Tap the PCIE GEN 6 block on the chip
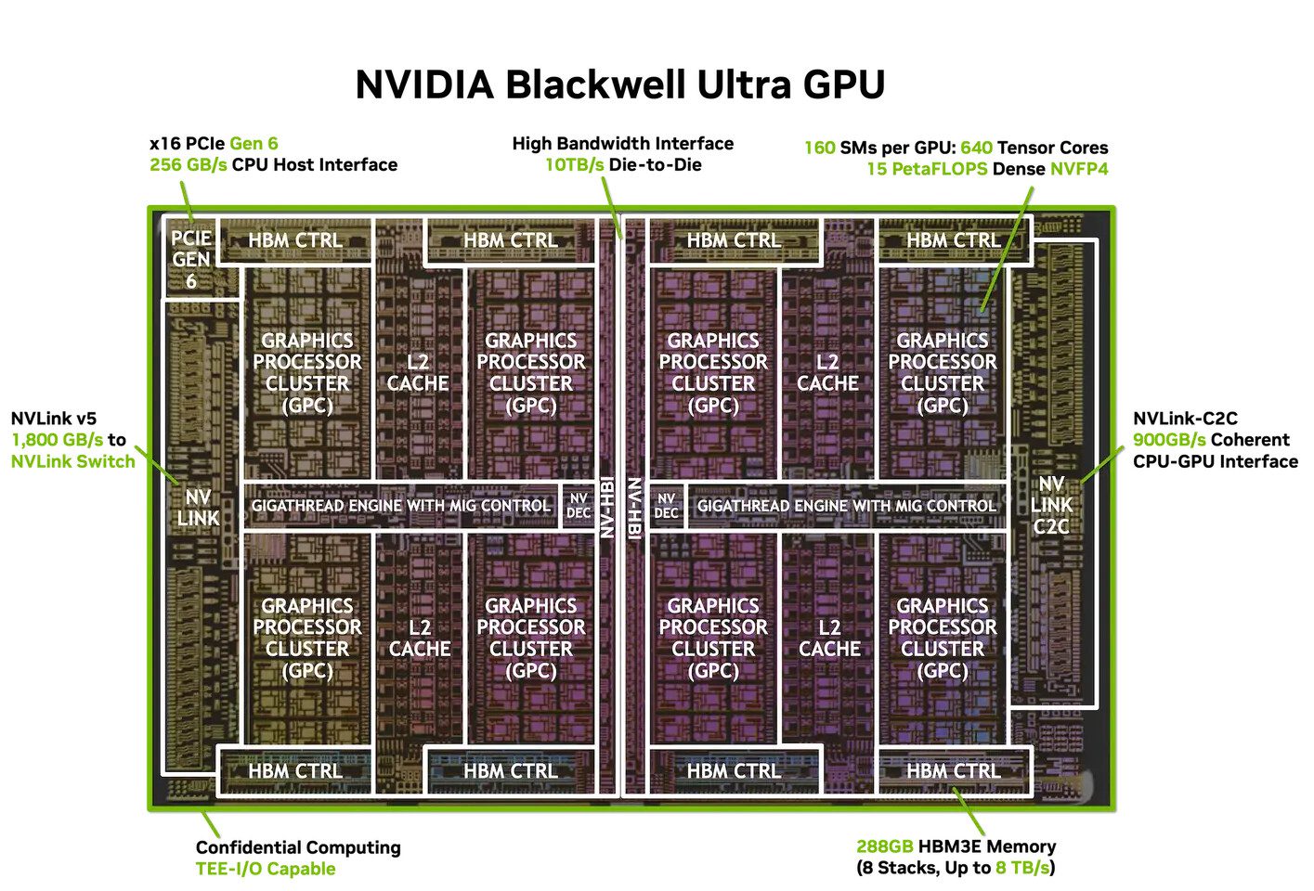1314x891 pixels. [x=191, y=259]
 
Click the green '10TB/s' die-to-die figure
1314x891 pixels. [x=574, y=165]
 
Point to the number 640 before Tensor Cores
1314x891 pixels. [x=976, y=148]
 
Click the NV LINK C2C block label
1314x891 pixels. [x=1051, y=505]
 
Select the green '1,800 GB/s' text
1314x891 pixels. [x=57, y=440]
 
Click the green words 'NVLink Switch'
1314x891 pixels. [x=73, y=461]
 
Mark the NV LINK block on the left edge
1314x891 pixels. [x=198, y=508]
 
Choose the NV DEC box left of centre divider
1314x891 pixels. [x=578, y=506]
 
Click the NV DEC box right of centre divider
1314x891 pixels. [x=666, y=506]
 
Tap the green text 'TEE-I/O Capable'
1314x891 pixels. [x=266, y=869]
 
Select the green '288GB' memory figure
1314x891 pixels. [x=884, y=846]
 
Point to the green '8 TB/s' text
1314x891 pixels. [x=1023, y=868]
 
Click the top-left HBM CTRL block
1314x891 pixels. [x=295, y=240]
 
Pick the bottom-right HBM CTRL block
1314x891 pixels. [x=954, y=771]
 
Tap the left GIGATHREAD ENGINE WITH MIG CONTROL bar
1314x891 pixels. [x=400, y=506]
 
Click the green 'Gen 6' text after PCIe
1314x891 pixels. [x=254, y=144]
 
